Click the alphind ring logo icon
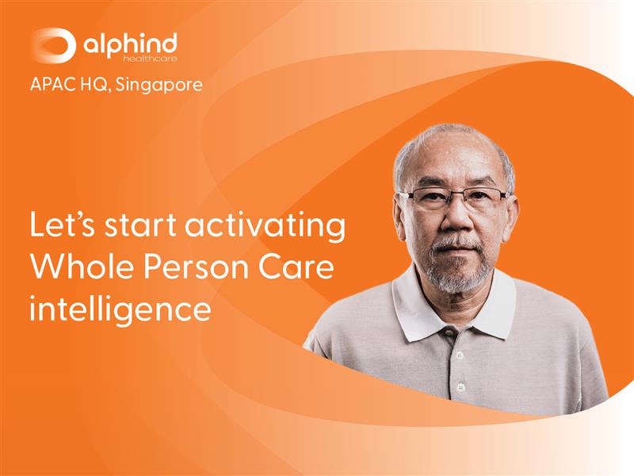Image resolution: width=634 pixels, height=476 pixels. (x=53, y=44)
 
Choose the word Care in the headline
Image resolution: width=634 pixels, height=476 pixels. (x=305, y=267)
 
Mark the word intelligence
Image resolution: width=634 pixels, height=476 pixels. (x=120, y=309)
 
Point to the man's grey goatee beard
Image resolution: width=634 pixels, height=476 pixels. (x=457, y=274)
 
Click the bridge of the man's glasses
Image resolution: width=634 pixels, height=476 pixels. (x=454, y=195)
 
